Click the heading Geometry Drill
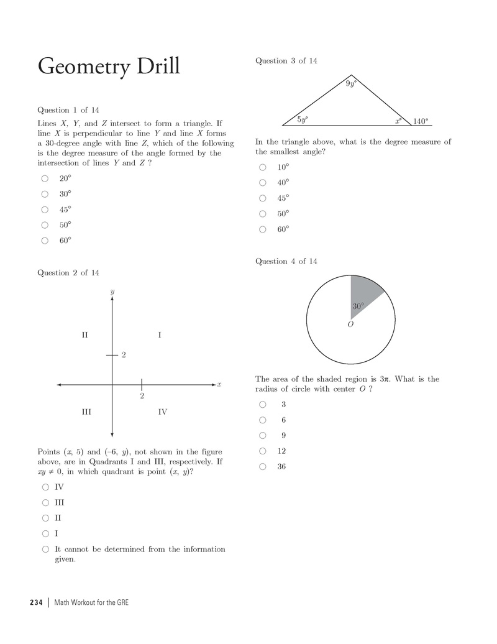[109, 66]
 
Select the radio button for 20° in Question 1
[45, 178]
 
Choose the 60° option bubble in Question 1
[45, 241]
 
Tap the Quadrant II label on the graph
[84, 336]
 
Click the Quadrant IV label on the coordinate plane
[162, 412]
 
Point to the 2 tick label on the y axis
[124, 355]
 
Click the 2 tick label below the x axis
[142, 396]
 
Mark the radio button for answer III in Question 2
[45, 502]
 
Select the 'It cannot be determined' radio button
[45, 549]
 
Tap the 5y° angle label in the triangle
[302, 119]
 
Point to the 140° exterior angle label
[420, 122]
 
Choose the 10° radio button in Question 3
[263, 167]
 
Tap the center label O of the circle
[350, 324]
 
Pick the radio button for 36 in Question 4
[263, 466]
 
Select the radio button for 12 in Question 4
[263, 451]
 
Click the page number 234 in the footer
[35, 602]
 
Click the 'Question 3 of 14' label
[286, 61]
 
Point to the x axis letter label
[219, 385]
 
